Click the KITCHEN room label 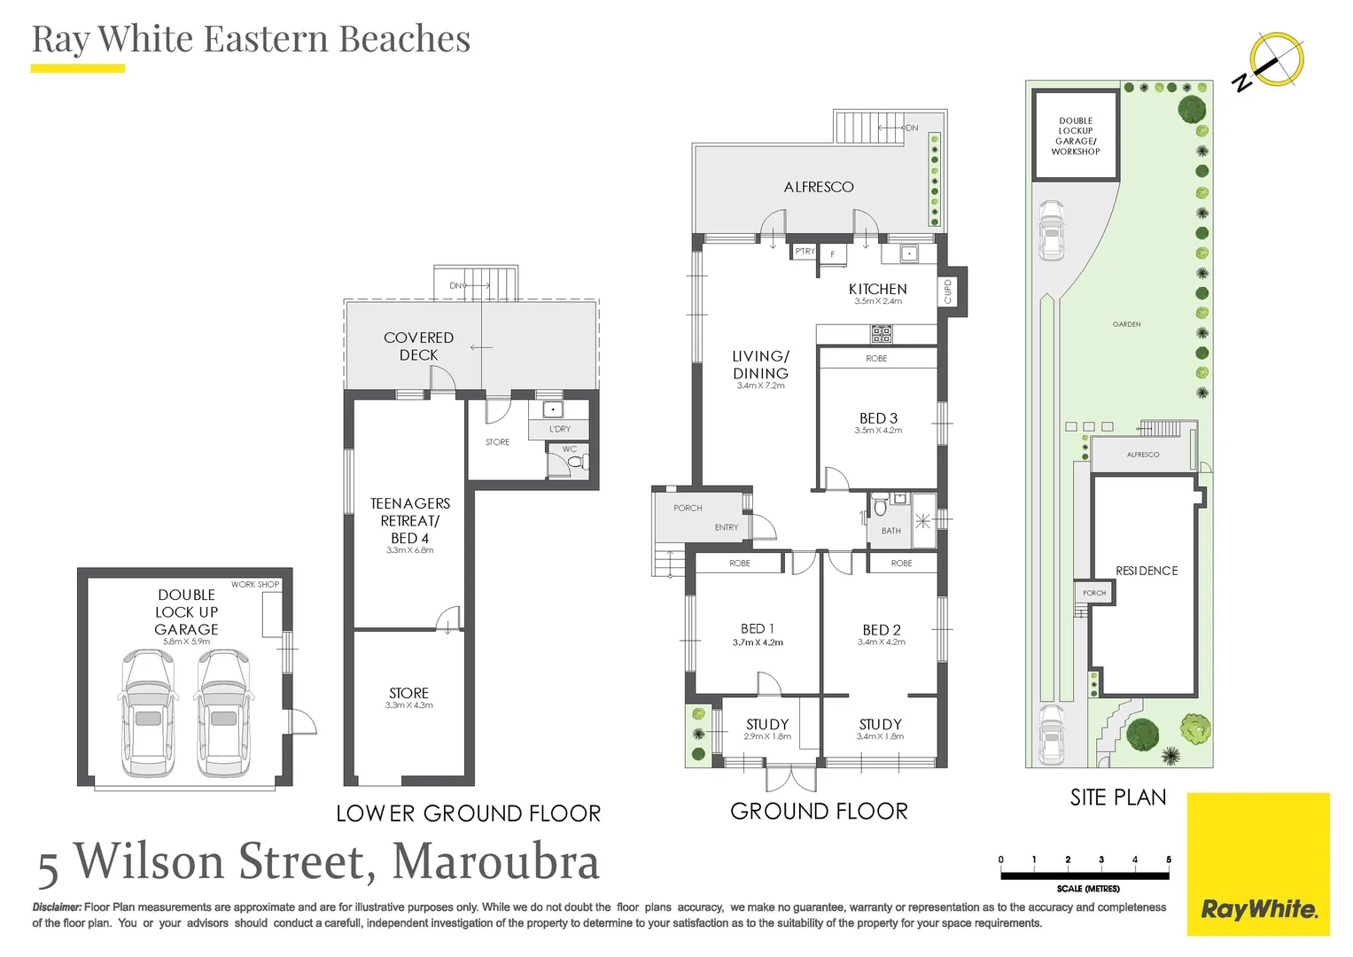(x=878, y=289)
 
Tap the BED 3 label (x=878, y=418)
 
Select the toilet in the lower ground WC (x=574, y=463)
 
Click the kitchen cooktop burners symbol (x=882, y=334)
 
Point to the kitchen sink (x=908, y=253)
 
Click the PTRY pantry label (x=805, y=252)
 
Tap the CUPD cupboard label (x=947, y=292)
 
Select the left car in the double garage (x=149, y=713)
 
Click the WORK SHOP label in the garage (x=255, y=584)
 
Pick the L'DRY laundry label (x=560, y=429)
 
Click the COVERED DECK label (x=418, y=346)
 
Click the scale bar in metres (x=1085, y=875)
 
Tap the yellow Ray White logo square (x=1259, y=864)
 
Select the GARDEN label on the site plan (x=1126, y=324)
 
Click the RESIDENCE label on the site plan (x=1147, y=571)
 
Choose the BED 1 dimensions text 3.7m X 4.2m (x=758, y=642)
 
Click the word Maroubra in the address (x=496, y=861)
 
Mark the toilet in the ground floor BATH (x=880, y=506)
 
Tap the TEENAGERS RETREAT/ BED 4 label (x=410, y=521)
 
